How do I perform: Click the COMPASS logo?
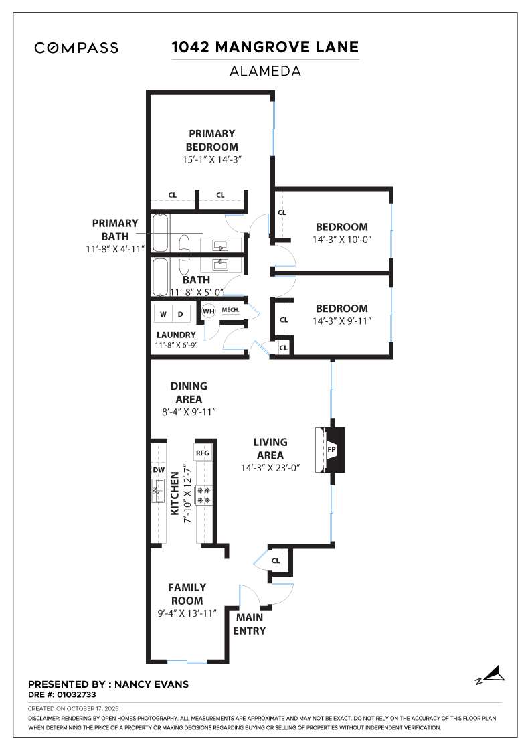point(76,48)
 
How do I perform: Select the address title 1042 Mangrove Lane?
point(265,47)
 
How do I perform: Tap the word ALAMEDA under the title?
point(265,70)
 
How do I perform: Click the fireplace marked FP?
point(332,449)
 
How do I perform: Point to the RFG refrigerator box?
point(203,453)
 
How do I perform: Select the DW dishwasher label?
point(159,470)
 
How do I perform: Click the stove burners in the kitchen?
point(203,496)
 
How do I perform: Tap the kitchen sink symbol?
point(159,495)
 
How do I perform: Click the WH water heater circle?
point(208,311)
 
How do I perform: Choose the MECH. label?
point(230,310)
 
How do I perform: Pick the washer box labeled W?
point(163,313)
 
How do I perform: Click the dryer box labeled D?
point(181,313)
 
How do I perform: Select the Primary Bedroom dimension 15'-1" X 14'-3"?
point(211,159)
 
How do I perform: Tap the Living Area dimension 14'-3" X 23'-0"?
point(270,468)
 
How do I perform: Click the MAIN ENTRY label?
point(249,624)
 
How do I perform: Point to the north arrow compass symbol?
point(492,675)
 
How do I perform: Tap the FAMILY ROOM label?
point(187,594)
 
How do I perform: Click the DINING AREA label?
point(189,392)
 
